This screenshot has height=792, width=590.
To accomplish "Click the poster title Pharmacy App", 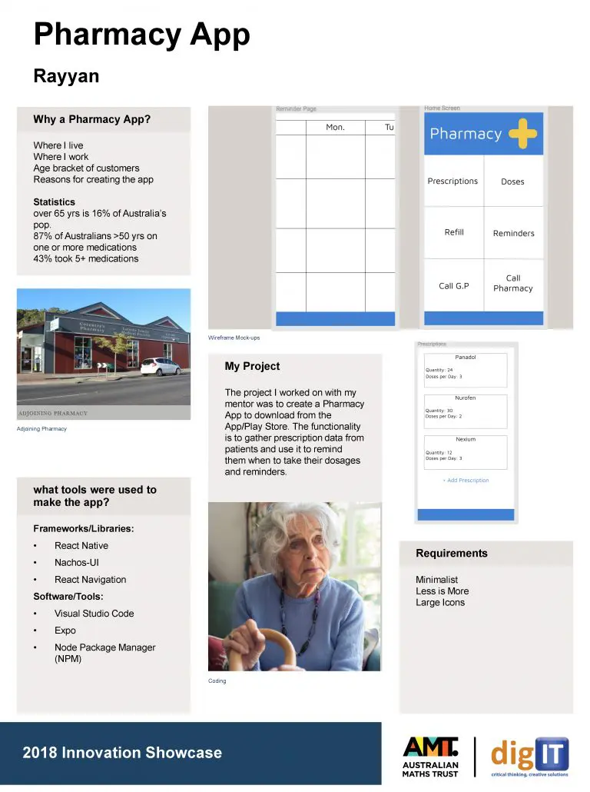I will pyautogui.click(x=141, y=35).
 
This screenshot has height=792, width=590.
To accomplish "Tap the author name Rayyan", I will pyautogui.click(x=66, y=77).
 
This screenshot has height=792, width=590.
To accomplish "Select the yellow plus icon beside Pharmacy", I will pyautogui.click(x=522, y=134).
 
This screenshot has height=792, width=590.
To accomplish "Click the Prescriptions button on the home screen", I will pyautogui.click(x=452, y=181).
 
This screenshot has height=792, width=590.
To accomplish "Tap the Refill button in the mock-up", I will pyautogui.click(x=454, y=232).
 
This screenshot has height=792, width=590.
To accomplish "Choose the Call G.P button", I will pyautogui.click(x=453, y=286).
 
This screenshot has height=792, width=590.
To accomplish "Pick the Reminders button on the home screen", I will pyautogui.click(x=513, y=233).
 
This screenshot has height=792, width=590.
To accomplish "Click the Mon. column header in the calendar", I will pyautogui.click(x=335, y=128).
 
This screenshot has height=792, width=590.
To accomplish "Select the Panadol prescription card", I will pyautogui.click(x=466, y=370).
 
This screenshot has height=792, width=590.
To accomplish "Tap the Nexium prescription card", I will pyautogui.click(x=466, y=452).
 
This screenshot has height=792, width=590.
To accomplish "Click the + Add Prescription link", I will pyautogui.click(x=466, y=481).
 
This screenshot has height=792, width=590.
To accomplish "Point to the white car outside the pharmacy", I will pyautogui.click(x=160, y=366).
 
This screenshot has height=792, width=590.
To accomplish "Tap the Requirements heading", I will pyautogui.click(x=451, y=554).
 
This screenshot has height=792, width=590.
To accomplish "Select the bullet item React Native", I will pyautogui.click(x=81, y=546).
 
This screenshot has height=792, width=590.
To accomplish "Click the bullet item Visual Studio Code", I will pyautogui.click(x=94, y=614).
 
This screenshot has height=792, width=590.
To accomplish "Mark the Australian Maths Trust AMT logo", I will pyautogui.click(x=430, y=757).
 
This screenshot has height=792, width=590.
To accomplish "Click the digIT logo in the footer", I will pyautogui.click(x=529, y=757).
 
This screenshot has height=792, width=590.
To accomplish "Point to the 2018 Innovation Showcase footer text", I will pyautogui.click(x=122, y=753).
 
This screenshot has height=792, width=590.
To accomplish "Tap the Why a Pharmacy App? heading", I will pyautogui.click(x=91, y=120).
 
